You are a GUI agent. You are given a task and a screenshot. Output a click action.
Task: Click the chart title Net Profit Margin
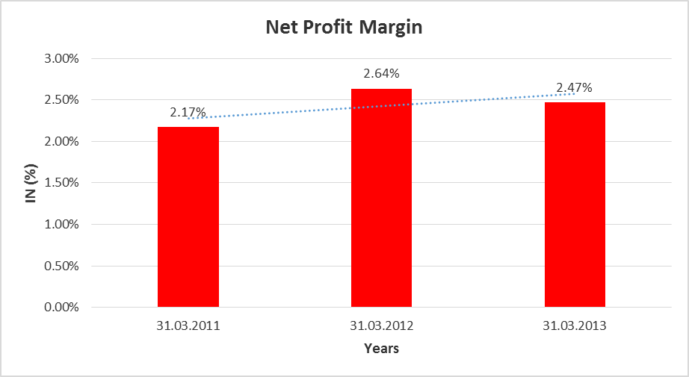tap(344, 28)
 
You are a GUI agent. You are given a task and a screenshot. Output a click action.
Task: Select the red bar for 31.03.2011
tap(188, 216)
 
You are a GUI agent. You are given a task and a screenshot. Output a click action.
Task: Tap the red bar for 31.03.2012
tap(381, 198)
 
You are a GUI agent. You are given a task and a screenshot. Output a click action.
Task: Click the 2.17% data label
tap(188, 113)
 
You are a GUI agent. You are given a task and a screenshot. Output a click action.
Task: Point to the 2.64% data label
tap(381, 74)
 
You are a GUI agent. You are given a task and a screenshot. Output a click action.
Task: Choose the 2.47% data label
tap(575, 88)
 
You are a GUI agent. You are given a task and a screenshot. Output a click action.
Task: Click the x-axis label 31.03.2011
tap(188, 326)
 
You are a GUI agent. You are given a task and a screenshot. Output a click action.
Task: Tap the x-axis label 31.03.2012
tap(381, 326)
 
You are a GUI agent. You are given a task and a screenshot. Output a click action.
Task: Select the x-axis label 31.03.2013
tap(575, 326)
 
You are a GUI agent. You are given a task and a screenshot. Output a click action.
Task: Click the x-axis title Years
tap(381, 349)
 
